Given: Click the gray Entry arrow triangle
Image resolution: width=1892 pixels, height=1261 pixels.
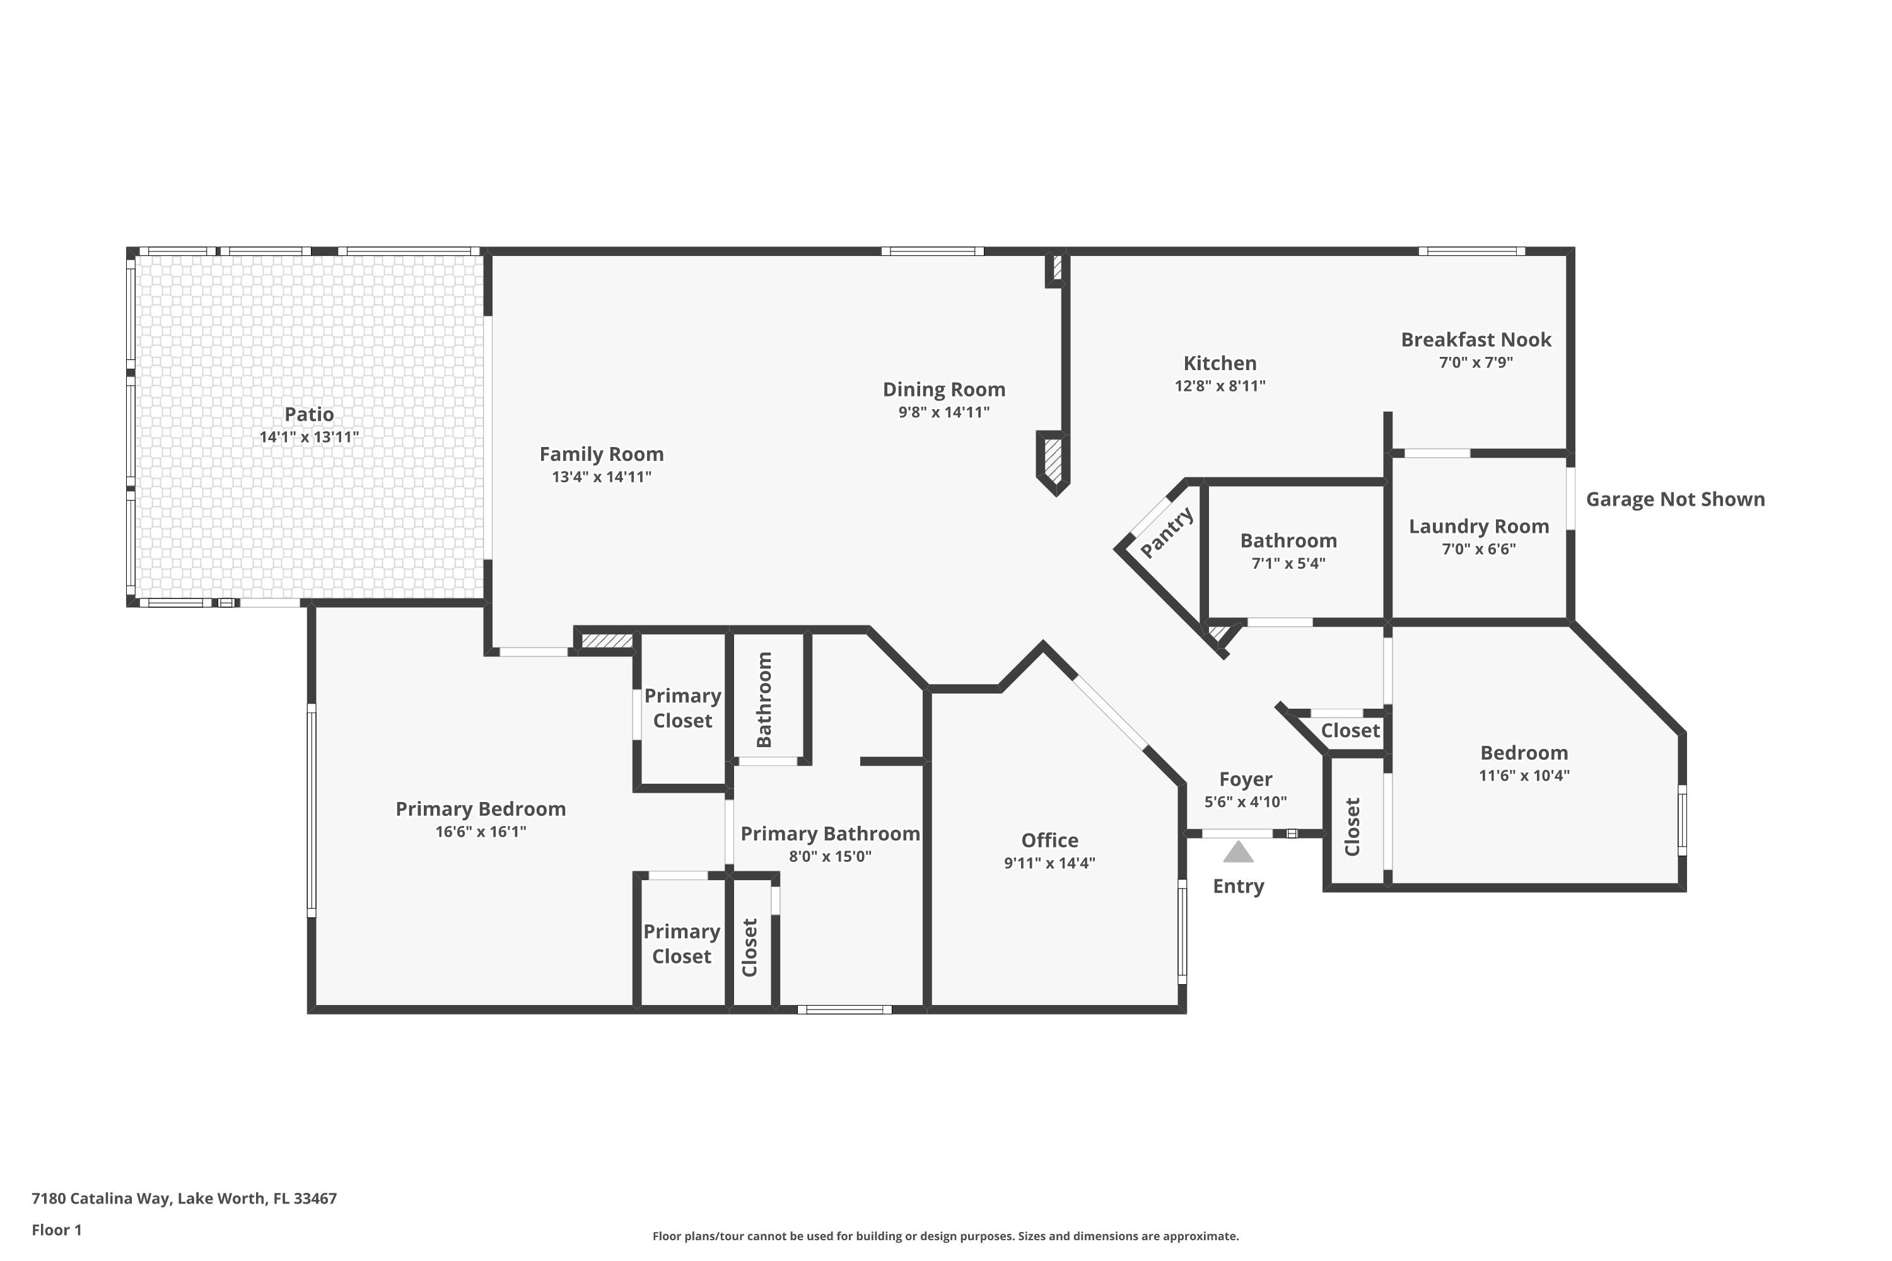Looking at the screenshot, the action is point(1238,852).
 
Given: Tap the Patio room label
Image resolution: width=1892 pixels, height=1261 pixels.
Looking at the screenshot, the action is point(309,414).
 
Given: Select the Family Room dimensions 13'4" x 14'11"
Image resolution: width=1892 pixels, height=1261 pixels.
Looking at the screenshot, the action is point(602,477).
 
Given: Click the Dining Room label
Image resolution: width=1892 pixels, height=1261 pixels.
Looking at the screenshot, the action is point(943,389).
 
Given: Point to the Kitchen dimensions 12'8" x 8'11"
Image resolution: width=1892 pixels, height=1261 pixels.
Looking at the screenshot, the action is point(1220,386).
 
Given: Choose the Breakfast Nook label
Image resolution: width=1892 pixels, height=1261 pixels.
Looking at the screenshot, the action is point(1476,339).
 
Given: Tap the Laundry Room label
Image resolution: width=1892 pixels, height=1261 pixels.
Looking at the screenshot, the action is point(1478,526).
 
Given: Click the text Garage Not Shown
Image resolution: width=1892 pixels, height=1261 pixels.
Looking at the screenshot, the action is point(1676,499).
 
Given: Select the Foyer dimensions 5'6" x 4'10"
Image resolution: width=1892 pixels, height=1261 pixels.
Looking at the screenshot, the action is point(1245,802).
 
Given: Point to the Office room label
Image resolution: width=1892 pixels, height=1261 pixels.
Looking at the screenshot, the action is point(1050,840).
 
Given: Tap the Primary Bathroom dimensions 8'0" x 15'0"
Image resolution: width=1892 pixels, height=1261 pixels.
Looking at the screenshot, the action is point(830,856).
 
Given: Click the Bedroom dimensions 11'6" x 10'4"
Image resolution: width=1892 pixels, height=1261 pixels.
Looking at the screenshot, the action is point(1524,776).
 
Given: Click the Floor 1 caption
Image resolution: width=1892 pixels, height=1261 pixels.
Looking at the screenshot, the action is point(56,1229).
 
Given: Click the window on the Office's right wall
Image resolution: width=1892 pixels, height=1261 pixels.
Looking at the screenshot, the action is point(1182,931).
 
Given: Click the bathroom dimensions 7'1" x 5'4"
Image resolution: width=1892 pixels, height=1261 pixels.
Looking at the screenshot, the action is point(1288,564).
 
